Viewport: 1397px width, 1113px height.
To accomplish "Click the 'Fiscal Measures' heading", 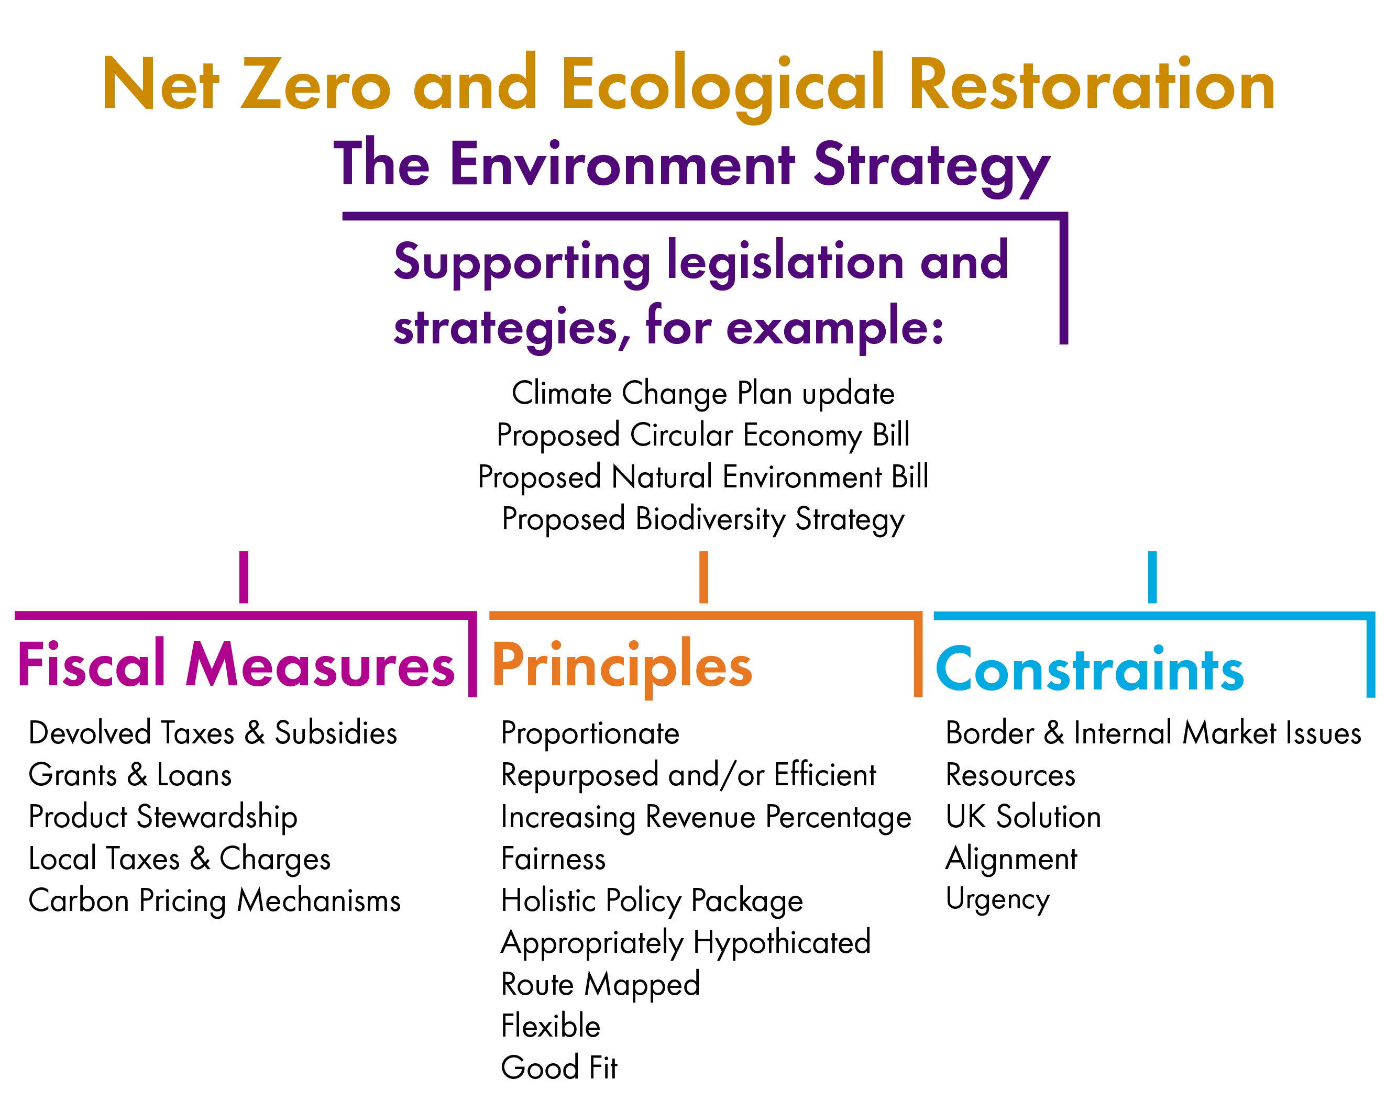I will pos(236,665).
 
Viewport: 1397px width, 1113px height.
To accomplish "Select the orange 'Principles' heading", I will pos(622,665).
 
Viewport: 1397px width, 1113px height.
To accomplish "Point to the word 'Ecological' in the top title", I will pos(722,85).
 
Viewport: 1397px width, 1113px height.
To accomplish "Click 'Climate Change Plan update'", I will pos(703,393).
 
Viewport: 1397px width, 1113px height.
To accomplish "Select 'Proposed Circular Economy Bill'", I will pos(703,435).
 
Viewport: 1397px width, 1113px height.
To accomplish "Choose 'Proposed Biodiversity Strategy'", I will pos(703,519).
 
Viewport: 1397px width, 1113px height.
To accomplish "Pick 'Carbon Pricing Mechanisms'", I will pos(214,900).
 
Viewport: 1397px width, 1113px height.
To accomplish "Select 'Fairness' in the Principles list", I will pos(553,859).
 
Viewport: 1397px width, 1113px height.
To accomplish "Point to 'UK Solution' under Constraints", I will pos(1024,817).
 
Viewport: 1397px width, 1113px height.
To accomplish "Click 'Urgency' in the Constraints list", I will pos(998,899).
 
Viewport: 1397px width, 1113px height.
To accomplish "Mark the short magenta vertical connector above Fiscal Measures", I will pos(244,577).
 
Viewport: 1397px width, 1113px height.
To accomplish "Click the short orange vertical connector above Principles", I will pos(703,577).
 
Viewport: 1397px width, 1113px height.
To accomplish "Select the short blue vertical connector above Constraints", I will pos(1152,577).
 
